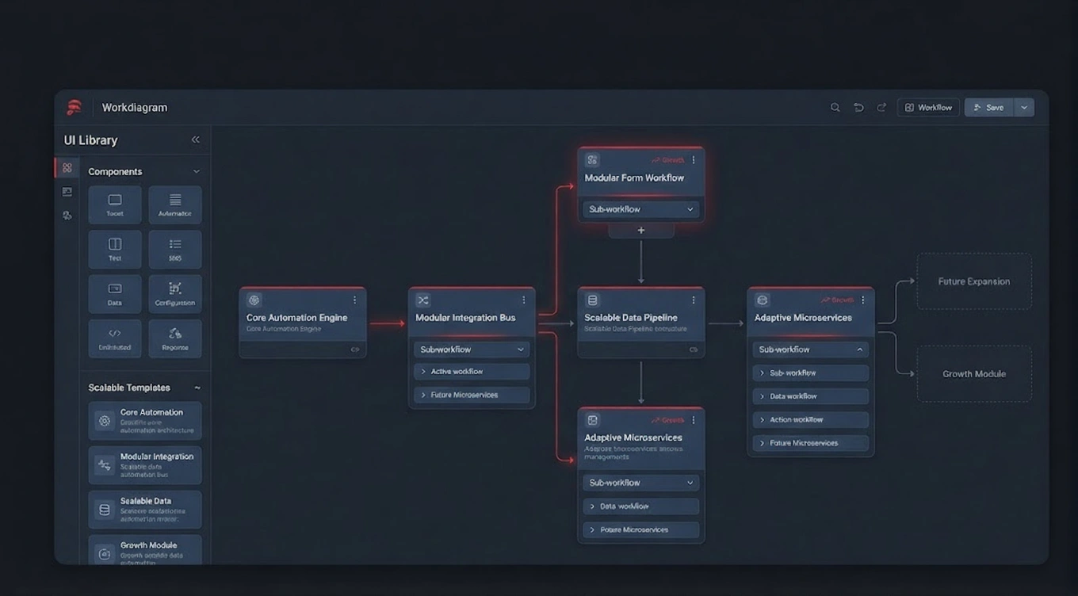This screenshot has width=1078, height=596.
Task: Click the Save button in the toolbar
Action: coord(988,108)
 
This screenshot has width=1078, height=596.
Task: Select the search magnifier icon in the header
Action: coord(835,108)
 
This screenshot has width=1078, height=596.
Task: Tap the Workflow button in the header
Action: coord(928,108)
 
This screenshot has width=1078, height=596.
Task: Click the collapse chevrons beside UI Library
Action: coord(195,139)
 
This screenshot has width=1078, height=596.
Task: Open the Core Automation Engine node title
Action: coord(296,318)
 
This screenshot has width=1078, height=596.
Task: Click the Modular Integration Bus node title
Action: coord(465,318)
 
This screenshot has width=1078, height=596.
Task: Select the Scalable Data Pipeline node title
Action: coord(631,318)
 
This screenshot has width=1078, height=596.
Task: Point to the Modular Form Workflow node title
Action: coord(634,178)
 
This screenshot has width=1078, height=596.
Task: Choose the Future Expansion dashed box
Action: coord(974,281)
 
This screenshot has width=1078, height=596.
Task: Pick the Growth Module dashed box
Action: coord(974,374)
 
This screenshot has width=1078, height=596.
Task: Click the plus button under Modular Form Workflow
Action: coord(641,231)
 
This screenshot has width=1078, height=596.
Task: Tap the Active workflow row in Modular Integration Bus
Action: coord(472,372)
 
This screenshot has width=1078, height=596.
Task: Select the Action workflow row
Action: coord(810,420)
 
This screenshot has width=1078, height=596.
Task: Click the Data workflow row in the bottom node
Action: coord(640,506)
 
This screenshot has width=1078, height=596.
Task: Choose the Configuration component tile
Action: coord(175,294)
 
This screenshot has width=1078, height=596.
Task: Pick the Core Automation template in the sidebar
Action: coord(145,421)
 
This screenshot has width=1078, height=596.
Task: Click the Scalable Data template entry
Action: coord(145,510)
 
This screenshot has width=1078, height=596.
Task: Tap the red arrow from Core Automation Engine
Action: coord(387,323)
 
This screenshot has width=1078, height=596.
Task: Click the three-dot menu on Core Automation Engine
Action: coord(354,300)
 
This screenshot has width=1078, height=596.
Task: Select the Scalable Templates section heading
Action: coord(129,388)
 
